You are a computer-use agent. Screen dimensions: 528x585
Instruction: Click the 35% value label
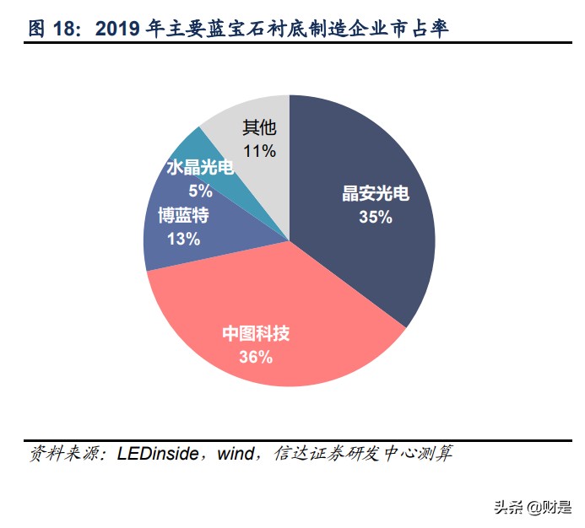coord(375,217)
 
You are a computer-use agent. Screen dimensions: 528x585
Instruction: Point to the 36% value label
coord(256,357)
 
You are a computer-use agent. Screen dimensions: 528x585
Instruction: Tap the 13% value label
coord(183,239)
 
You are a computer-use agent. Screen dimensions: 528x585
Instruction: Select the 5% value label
coord(200,191)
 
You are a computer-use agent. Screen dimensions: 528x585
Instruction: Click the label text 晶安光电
coord(375,194)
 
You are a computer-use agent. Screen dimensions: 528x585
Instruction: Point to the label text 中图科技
coord(256,334)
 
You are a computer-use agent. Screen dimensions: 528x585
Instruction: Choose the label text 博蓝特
coord(183,215)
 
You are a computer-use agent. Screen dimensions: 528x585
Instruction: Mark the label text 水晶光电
coord(200,168)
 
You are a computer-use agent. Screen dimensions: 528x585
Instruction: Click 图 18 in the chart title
coord(57,29)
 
